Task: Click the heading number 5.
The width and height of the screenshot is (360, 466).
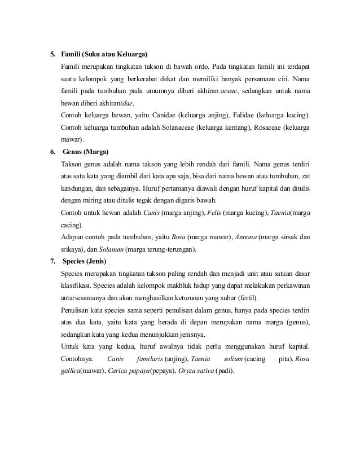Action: tap(52, 55)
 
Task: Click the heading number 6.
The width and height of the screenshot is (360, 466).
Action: tap(52, 152)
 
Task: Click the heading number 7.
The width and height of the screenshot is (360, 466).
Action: tap(52, 261)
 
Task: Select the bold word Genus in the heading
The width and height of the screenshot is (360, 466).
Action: tap(74, 152)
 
